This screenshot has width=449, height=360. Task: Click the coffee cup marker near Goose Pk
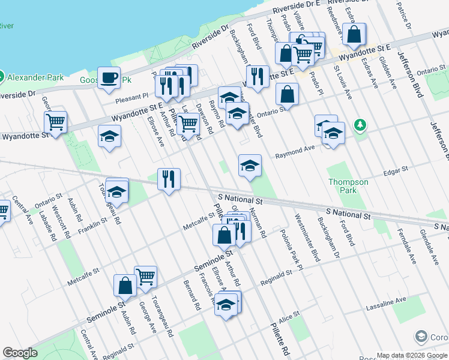click(109, 77)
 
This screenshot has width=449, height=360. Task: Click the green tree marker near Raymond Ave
click(360, 125)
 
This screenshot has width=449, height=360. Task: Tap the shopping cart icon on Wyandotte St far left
click(55, 122)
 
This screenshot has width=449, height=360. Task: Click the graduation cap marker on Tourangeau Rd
click(117, 191)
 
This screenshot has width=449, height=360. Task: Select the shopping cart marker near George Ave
click(145, 277)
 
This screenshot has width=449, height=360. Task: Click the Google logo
click(20, 353)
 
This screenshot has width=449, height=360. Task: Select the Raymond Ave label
click(295, 152)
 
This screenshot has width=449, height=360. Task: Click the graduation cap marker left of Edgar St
click(250, 166)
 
